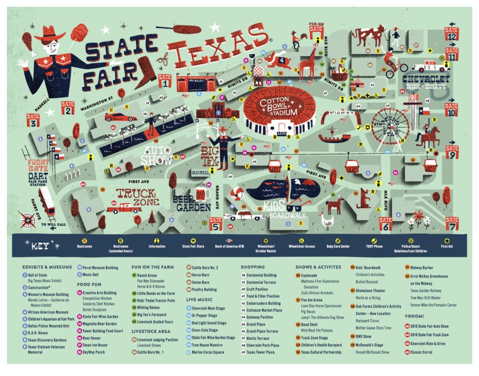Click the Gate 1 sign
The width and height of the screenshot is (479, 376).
[165, 81]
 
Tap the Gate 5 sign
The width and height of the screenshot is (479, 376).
[216, 223]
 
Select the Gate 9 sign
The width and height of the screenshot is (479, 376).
[451, 151]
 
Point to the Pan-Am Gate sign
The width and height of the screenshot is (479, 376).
[316, 29]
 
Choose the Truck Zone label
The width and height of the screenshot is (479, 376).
[136, 197]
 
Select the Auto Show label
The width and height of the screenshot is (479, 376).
[158, 155]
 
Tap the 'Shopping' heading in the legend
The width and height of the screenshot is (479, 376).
[253, 267]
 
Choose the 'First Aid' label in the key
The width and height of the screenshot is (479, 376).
[447, 246]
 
